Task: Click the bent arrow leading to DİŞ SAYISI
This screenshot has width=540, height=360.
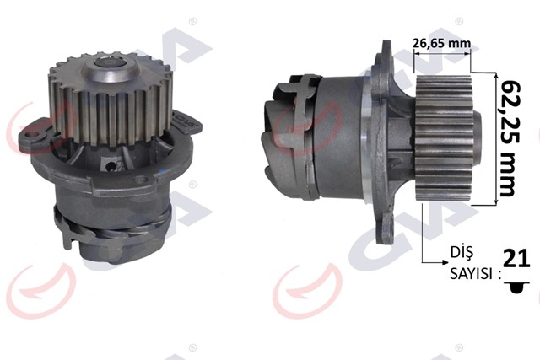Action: click(422, 244)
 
